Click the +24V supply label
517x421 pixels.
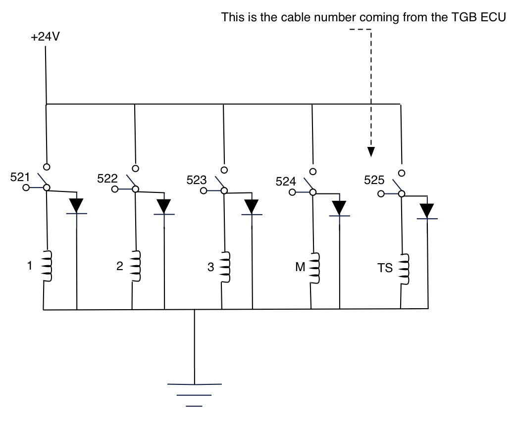pyautogui.click(x=46, y=38)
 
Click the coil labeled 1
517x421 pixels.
pyautogui.click(x=46, y=266)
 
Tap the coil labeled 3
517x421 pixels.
pyautogui.click(x=224, y=268)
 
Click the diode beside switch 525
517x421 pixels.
pyautogui.click(x=427, y=211)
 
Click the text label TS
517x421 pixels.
pyautogui.click(x=385, y=269)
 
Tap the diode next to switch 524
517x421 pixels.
pyautogui.click(x=340, y=208)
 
